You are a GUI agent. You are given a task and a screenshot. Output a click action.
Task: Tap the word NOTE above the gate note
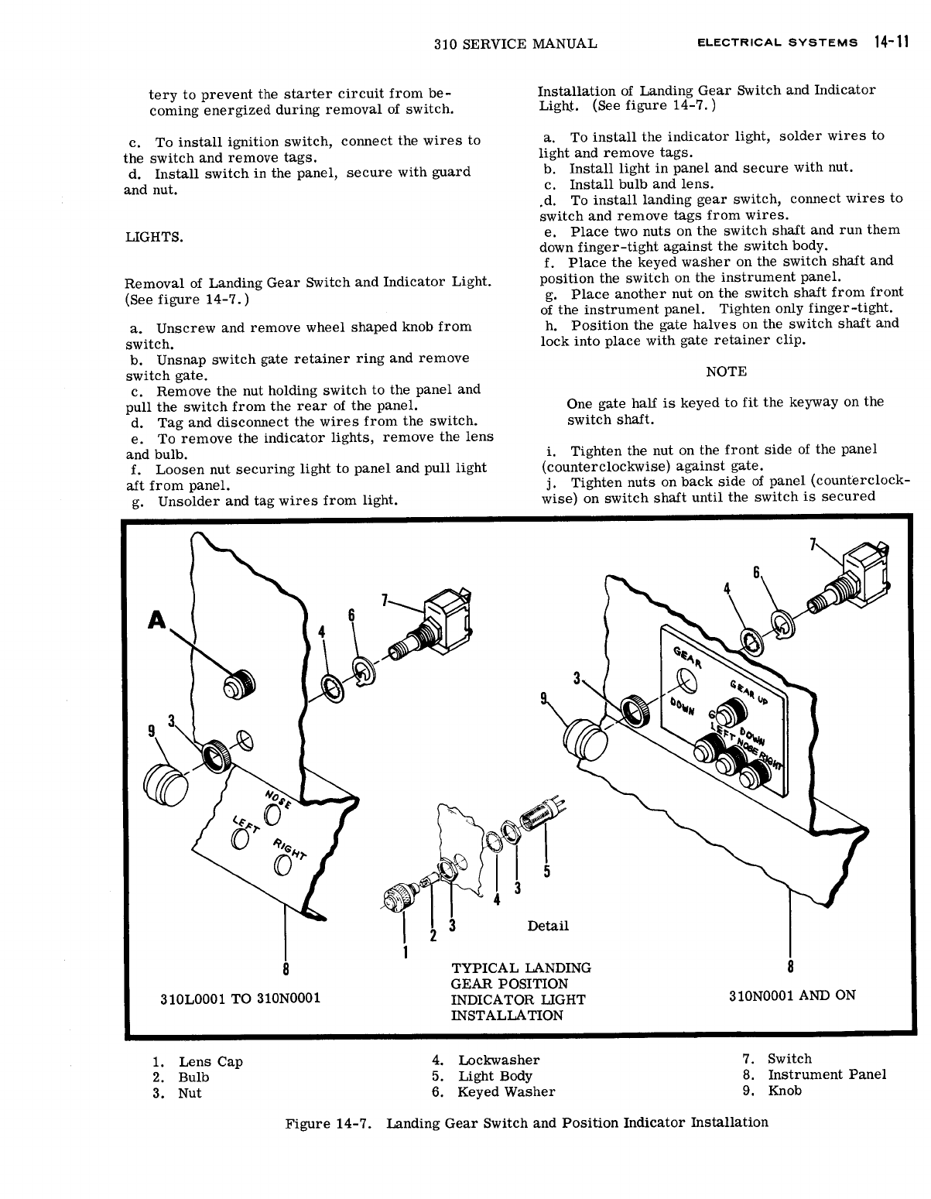tap(726, 372)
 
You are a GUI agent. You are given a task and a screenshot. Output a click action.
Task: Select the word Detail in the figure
tap(547, 926)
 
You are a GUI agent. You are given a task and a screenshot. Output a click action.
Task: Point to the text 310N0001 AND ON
tap(792, 995)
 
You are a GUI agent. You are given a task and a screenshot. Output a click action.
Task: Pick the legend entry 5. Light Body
tap(482, 1076)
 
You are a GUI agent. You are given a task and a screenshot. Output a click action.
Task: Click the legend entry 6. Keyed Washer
tap(493, 1092)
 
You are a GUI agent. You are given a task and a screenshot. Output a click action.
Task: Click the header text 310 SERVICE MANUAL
tap(515, 43)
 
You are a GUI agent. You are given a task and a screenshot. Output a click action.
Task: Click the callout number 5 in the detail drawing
tap(546, 872)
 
